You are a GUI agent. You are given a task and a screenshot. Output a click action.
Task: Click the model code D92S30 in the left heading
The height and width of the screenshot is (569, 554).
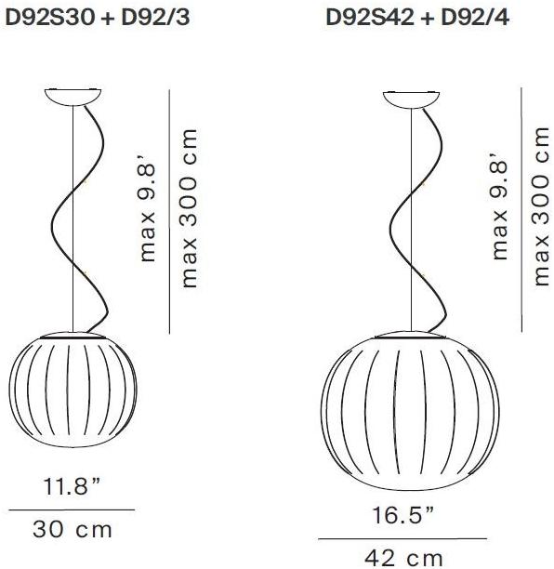50,18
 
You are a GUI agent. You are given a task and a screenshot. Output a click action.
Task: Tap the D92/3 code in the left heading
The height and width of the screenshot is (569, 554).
155,18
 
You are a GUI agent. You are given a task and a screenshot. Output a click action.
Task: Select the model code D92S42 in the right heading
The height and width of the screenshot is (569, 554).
370,18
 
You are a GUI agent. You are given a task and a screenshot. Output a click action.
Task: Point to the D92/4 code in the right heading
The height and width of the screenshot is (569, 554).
475,18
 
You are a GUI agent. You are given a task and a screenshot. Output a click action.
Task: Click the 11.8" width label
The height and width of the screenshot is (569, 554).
72,486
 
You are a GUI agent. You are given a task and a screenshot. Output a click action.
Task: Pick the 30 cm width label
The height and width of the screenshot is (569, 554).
73,529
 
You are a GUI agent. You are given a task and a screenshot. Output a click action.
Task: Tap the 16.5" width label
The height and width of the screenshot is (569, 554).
403,514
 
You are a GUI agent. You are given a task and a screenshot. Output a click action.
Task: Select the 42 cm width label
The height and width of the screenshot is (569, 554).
403,559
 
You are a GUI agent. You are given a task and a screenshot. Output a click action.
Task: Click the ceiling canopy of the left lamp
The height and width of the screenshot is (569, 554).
73,97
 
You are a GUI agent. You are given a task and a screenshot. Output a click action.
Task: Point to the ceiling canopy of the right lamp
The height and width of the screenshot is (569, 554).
412,99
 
